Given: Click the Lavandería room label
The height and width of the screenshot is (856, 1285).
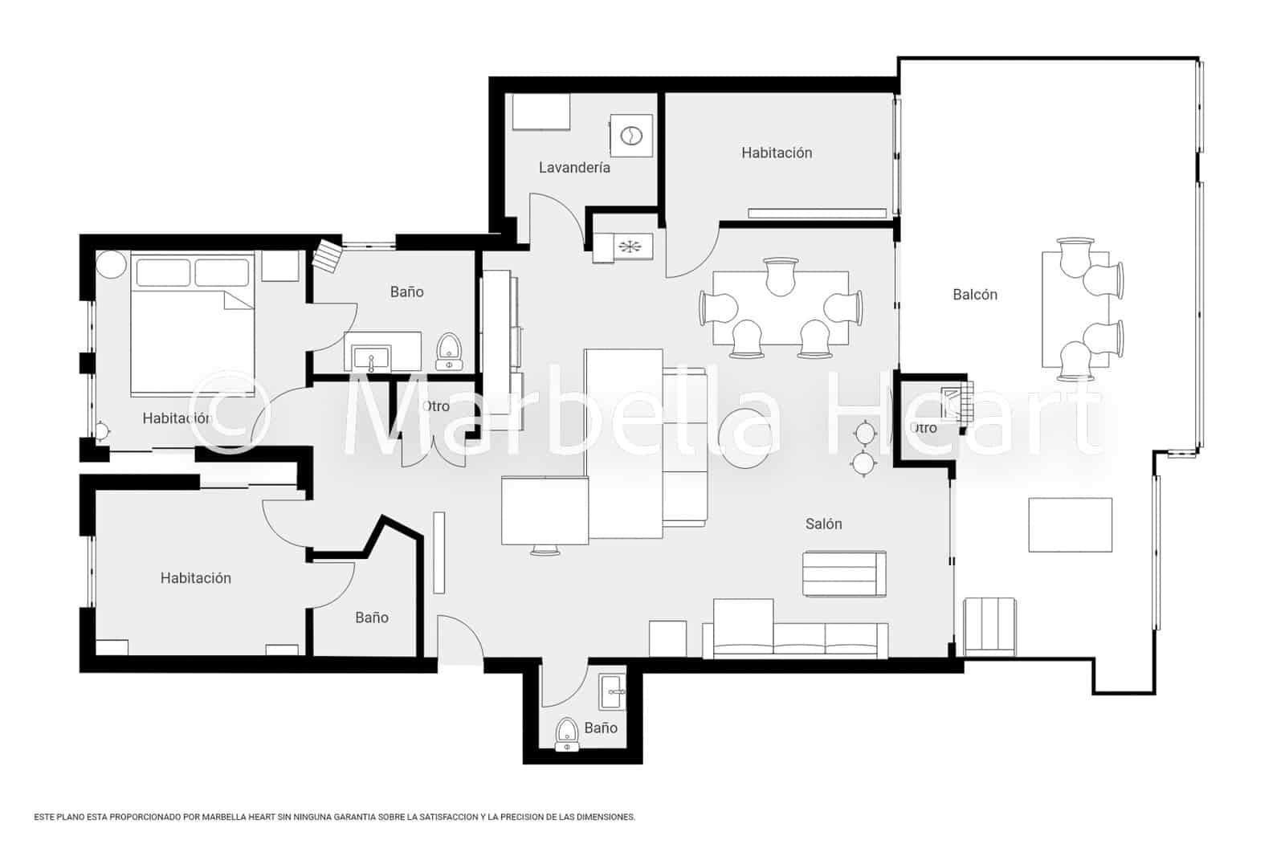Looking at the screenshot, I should point(574,168).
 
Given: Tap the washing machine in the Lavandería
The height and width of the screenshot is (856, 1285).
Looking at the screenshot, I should point(631,136).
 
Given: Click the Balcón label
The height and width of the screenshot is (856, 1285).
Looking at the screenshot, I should point(974,295).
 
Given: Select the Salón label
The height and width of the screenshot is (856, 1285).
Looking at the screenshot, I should point(823,524).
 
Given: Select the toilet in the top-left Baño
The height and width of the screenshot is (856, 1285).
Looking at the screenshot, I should point(449,352).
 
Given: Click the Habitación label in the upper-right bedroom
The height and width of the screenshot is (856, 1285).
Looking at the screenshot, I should point(776,153).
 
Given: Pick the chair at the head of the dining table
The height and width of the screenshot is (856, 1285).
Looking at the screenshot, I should point(781,275).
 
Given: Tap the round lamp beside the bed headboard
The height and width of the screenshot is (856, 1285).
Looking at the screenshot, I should point(112,264).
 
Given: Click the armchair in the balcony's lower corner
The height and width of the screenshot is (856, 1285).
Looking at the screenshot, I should point(989,626).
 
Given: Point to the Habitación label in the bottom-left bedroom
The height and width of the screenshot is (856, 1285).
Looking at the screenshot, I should point(195,578).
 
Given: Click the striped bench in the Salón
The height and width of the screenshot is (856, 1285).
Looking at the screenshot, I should point(844,573).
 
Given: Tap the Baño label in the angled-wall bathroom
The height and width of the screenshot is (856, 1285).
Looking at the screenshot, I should point(371,618).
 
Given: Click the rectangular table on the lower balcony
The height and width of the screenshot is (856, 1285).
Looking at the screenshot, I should point(1070,524).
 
